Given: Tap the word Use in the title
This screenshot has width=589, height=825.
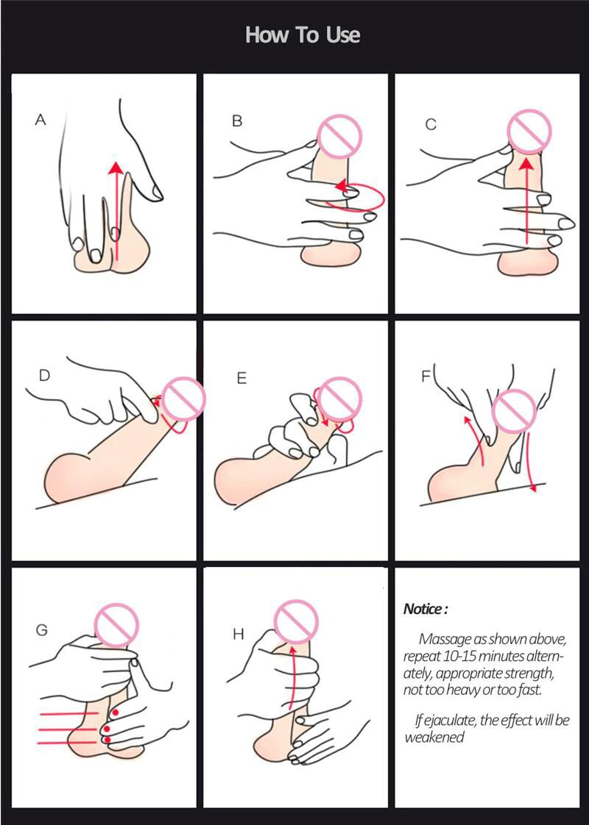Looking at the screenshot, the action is coord(343,35).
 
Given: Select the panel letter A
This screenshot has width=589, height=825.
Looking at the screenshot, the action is coord(40,120).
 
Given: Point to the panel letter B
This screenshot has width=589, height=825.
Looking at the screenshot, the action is coord(237,121).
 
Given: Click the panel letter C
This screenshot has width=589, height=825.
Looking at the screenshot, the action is coord(431,125).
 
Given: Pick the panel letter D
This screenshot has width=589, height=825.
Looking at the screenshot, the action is coord(44,375).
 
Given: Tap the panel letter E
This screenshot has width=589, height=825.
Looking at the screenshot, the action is coord(241,378).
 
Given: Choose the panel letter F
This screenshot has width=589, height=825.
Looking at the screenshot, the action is coord(426,376).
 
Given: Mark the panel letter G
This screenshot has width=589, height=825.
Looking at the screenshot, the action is coord(42,630).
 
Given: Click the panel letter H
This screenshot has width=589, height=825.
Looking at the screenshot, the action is coord(238,635).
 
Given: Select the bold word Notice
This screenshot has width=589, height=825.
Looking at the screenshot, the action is coord(423,610).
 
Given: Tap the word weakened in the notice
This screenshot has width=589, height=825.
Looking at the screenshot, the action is coord(434,737).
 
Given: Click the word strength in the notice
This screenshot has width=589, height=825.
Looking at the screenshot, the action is coord(529,674).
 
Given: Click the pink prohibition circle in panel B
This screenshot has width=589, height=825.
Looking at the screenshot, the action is coord(340,136).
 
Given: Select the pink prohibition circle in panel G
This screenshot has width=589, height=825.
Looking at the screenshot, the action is coord(116,625).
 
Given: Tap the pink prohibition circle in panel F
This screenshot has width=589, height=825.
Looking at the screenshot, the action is coord(514,412).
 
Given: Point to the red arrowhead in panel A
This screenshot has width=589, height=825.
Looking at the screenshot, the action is coord(116,168).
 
